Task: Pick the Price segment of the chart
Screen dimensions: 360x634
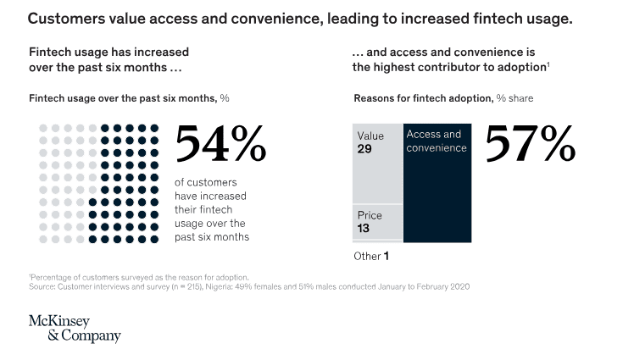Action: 377,223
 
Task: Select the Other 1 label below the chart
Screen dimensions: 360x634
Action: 371,255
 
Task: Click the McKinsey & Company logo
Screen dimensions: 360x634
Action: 75,329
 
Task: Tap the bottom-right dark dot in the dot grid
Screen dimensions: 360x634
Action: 154,240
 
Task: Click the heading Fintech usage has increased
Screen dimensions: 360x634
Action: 109,52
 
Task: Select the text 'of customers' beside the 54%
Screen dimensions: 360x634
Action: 206,182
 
